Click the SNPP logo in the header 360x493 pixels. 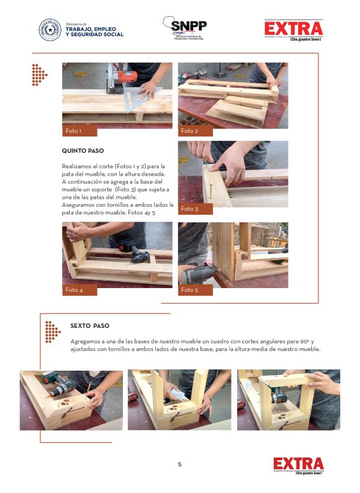(x=184, y=28)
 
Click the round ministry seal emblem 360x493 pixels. (x=50, y=30)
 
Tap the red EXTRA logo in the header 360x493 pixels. (x=294, y=30)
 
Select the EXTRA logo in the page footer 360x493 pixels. (x=299, y=466)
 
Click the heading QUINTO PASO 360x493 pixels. (x=83, y=151)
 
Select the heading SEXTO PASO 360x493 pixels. (x=90, y=326)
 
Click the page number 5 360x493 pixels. (x=180, y=464)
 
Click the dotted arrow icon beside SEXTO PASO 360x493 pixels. (x=53, y=332)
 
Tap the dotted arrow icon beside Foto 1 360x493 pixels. (x=40, y=75)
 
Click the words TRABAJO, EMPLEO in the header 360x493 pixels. (x=91, y=29)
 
